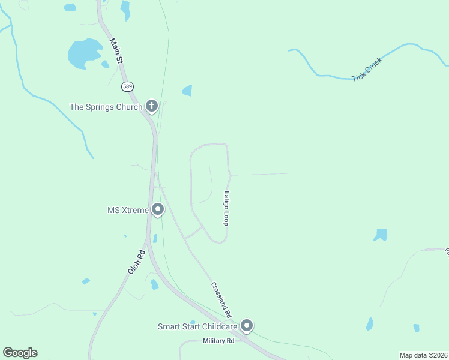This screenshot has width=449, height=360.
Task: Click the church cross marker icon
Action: coord(152,107)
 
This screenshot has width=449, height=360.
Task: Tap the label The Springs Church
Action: coord(106,107)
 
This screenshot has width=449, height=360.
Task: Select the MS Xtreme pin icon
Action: coord(158,209)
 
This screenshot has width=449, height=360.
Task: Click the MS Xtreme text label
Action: coord(127,210)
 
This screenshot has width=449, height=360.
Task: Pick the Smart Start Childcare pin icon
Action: coord(247,326)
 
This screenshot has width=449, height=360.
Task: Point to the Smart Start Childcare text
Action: coord(197,326)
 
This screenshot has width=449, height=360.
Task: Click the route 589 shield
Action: coord(127,86)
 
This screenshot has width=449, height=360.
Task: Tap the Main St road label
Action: coord(116,52)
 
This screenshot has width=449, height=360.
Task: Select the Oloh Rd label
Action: coord(137,262)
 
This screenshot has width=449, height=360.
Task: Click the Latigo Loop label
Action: coord(227,208)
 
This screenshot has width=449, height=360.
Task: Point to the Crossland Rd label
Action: coord(221,299)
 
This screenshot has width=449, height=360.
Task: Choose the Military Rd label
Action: coord(218,341)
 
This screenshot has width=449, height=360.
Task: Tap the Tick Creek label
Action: coord(367,69)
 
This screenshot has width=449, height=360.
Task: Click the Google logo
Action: coord(20,353)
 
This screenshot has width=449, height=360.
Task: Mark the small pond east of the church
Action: coord(187,91)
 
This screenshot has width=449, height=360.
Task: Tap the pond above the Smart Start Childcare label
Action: coord(193,322)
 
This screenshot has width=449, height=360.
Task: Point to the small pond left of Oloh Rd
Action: coord(86,281)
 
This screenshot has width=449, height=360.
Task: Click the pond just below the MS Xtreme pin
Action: coord(155,238)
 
